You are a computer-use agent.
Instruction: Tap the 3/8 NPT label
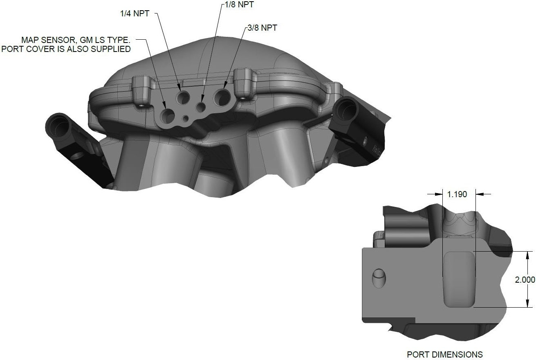(x=262, y=28)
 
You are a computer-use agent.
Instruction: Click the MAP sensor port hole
(x=168, y=116)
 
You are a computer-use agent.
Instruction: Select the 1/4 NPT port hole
(x=183, y=97)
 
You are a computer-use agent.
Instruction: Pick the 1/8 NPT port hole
(x=201, y=107)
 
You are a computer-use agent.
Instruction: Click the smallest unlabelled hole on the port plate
(x=186, y=119)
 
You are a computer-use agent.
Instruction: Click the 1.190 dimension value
(x=457, y=194)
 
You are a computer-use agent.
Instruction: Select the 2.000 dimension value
(x=525, y=279)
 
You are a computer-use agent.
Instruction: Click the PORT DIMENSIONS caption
(x=445, y=354)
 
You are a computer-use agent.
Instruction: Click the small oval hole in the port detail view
(x=378, y=279)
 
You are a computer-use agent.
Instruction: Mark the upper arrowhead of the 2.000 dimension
(x=529, y=254)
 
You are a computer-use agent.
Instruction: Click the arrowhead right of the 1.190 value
(x=480, y=194)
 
